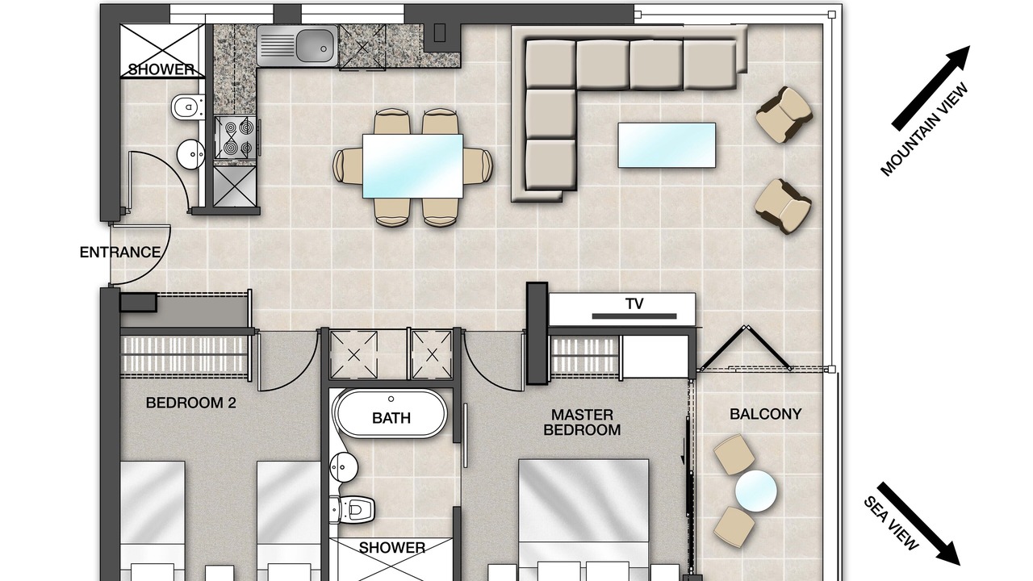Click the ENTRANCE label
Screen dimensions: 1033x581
[x=120, y=253]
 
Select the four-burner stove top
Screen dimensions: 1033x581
[x=235, y=137]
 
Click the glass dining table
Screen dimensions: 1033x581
[x=412, y=166]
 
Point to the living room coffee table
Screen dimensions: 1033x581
[x=667, y=144]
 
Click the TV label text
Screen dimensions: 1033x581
[x=634, y=304]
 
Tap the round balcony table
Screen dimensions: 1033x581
[x=756, y=491]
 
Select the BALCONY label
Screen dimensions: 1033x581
[x=766, y=414]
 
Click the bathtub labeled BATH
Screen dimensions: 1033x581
[x=390, y=414]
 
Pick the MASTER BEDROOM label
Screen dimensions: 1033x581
[x=582, y=422]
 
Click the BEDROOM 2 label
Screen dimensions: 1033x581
[x=191, y=403]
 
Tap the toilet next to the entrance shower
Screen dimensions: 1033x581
[x=188, y=107]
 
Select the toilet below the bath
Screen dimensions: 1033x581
[x=352, y=509]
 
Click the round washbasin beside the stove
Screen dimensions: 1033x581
[x=191, y=154]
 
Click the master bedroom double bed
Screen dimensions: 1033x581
[x=583, y=520]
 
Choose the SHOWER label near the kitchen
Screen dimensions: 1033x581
[x=161, y=69]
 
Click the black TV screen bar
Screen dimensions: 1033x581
[x=634, y=316]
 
